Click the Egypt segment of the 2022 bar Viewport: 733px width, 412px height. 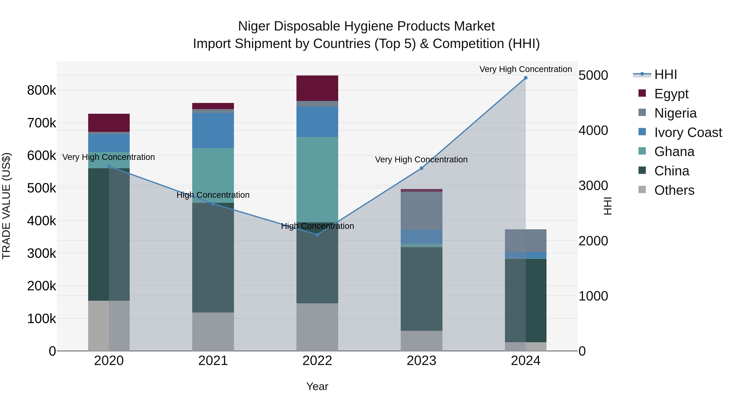317,88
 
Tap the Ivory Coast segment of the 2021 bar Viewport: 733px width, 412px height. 213,130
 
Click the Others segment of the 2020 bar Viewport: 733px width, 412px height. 109,325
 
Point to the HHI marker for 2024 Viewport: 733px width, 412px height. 525,78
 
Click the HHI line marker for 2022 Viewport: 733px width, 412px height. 317,235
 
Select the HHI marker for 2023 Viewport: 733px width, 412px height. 421,168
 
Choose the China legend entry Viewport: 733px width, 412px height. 672,171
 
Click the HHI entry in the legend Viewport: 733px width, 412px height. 665,74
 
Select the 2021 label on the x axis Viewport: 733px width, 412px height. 213,361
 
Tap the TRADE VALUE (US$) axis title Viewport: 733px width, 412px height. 6,206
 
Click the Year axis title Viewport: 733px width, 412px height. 317,386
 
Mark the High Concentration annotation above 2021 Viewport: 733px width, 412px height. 213,195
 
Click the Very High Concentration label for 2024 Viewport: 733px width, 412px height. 525,69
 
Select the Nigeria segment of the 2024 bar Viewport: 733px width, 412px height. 525,240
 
